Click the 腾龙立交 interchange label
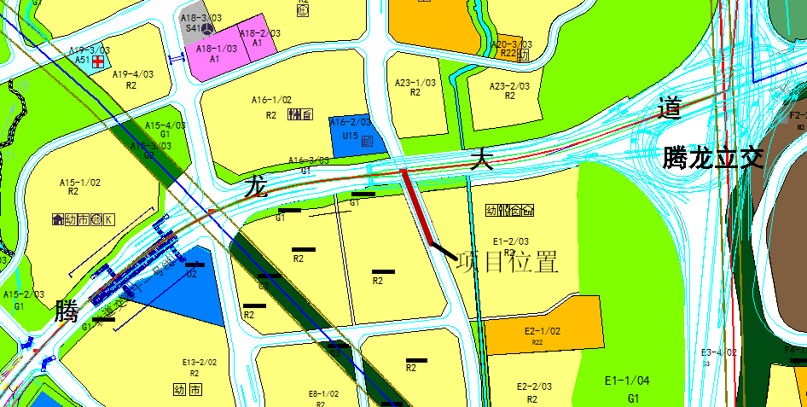(713, 158)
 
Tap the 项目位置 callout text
(508, 262)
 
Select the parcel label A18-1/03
(216, 49)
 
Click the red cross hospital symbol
(98, 61)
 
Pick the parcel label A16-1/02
(271, 101)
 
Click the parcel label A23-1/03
(415, 83)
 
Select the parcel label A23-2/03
(509, 86)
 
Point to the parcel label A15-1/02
(80, 182)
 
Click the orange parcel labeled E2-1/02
(543, 330)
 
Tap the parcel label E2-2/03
(534, 387)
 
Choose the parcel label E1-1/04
(627, 381)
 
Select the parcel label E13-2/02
(199, 363)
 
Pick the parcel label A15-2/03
(24, 294)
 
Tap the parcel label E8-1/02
(323, 394)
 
